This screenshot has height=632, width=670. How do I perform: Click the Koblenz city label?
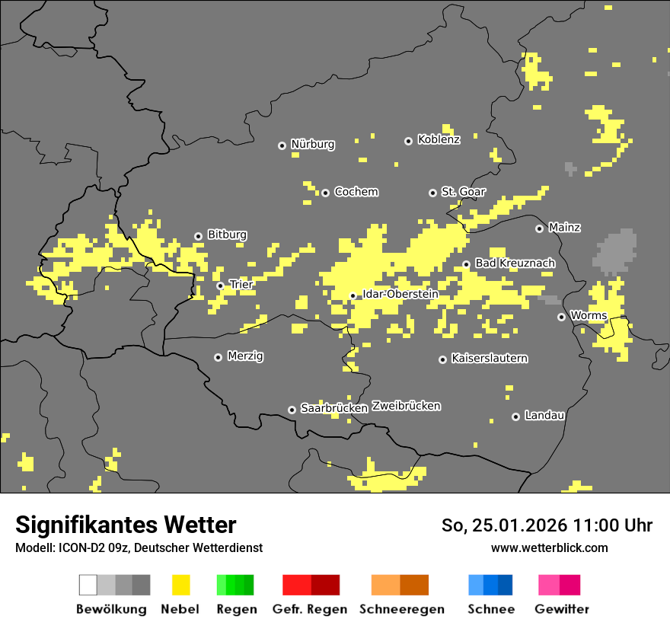point(439,139)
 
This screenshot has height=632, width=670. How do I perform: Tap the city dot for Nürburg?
point(282,145)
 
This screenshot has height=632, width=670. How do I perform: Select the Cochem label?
point(356,192)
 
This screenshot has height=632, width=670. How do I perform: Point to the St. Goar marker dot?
point(432,193)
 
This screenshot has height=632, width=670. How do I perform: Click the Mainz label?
point(564,227)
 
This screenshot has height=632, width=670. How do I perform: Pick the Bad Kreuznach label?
point(515,263)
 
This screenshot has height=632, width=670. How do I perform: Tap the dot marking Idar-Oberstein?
point(353,295)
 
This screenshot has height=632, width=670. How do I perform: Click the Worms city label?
point(588,315)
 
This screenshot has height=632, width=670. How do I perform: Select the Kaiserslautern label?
point(489,358)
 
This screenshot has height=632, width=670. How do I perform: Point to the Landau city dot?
point(515,417)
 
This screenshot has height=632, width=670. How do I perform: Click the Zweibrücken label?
point(406,406)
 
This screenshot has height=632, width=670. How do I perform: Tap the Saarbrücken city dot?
point(292,410)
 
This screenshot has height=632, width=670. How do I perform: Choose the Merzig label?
point(245,356)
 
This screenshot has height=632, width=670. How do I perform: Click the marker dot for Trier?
point(220,286)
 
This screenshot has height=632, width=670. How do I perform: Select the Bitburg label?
point(227,235)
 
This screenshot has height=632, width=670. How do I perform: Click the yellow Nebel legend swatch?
point(180,585)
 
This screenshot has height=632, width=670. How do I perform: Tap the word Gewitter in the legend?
point(561,609)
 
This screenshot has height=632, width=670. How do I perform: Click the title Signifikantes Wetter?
point(126,525)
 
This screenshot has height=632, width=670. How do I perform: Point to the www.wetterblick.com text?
point(549,547)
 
